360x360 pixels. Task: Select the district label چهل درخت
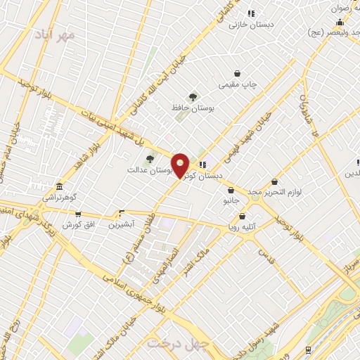pyautogui.click(x=173, y=343)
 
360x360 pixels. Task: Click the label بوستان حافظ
pyautogui.click(x=193, y=108)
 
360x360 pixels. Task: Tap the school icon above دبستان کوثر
pyautogui.click(x=203, y=165)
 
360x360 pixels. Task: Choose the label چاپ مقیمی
pyautogui.click(x=238, y=84)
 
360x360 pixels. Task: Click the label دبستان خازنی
pyautogui.click(x=251, y=23)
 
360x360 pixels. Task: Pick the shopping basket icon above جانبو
pyautogui.click(x=231, y=190)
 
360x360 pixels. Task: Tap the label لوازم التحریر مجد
pyautogui.click(x=274, y=192)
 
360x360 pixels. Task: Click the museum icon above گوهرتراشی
pyautogui.click(x=59, y=187)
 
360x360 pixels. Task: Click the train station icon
pyautogui.click(x=308, y=349)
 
